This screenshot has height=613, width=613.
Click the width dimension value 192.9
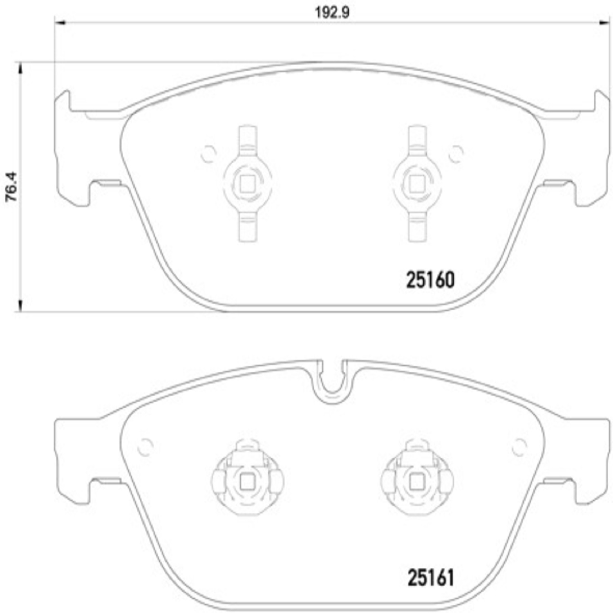332,13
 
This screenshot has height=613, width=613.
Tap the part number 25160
430,280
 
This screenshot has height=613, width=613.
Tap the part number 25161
431,578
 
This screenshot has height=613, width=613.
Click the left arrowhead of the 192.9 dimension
60,23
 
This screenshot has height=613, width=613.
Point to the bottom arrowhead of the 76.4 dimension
20,306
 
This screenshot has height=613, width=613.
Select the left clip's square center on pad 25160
247,184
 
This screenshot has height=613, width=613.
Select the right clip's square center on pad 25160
416,184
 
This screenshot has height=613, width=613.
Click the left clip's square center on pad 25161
247,482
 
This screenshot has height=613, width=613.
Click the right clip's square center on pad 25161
416,482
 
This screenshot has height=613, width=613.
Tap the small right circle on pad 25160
456,154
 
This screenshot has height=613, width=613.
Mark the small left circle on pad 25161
145,447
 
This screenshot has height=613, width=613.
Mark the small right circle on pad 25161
519,447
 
